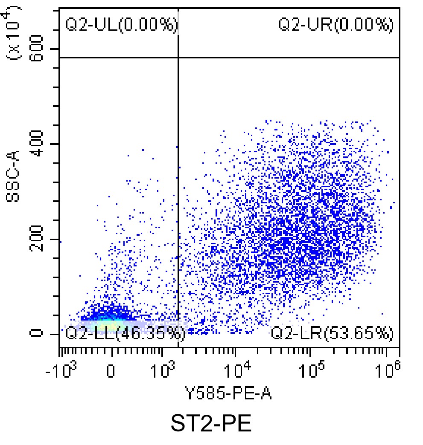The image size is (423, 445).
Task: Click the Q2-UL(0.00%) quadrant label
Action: click(121, 25)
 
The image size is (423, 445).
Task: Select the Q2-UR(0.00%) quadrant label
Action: click(335, 25)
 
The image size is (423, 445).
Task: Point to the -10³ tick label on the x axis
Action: click(60, 370)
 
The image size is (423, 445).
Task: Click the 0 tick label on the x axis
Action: click(111, 371)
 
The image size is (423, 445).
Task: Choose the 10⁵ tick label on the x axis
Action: click(311, 370)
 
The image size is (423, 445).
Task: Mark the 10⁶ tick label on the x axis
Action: click(386, 370)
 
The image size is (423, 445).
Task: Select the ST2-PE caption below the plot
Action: click(211, 425)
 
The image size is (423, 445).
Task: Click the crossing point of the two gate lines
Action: click(178, 57)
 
